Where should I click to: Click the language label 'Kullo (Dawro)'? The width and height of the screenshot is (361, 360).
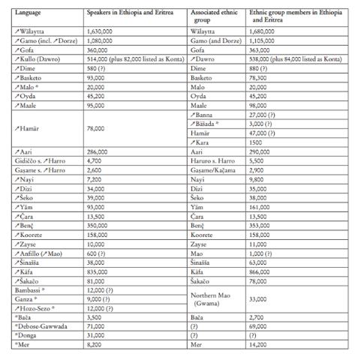(40, 58)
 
